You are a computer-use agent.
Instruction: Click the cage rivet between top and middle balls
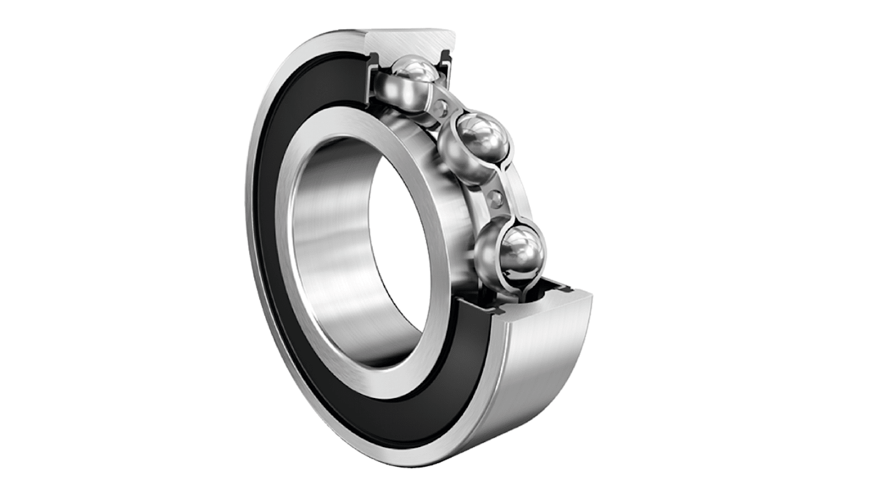[440, 110]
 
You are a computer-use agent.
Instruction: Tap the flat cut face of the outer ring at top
[414, 43]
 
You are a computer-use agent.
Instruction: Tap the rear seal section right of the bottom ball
[560, 286]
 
